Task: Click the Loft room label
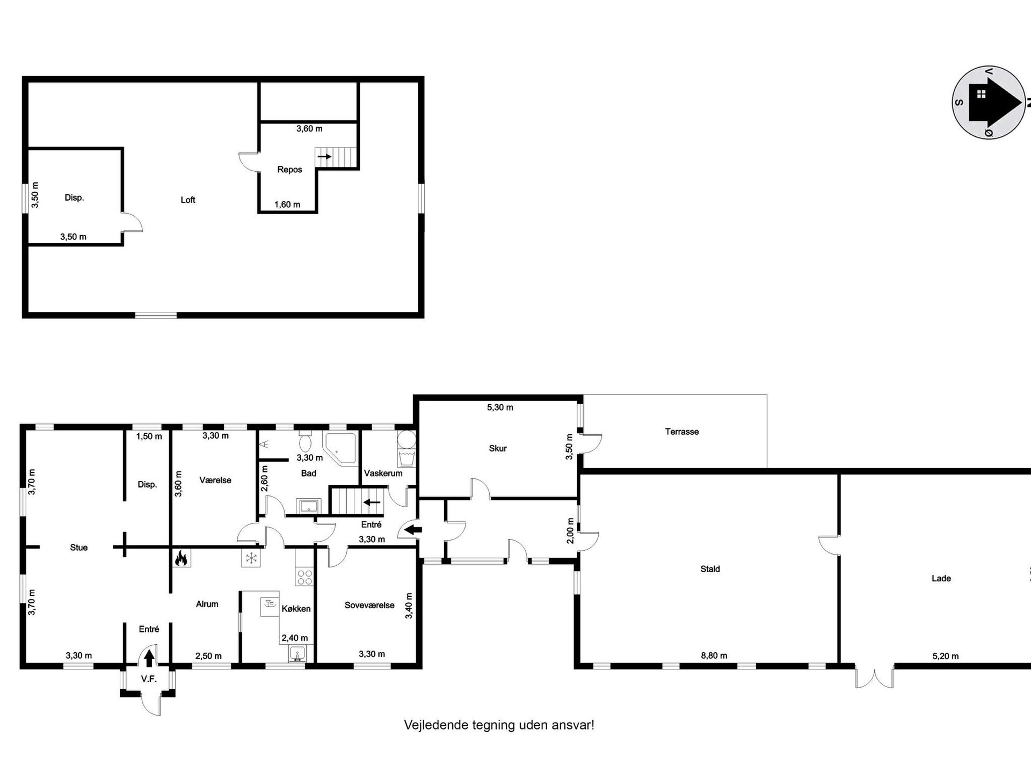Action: point(188,200)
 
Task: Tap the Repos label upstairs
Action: point(289,170)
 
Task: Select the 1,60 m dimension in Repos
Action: point(287,205)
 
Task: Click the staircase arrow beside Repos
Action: point(324,156)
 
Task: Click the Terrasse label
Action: point(682,432)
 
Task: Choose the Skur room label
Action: point(498,448)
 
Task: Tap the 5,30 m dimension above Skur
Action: point(500,407)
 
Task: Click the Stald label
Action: point(710,569)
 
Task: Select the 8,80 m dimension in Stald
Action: point(714,655)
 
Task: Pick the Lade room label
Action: point(941,578)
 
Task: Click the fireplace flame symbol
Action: point(180,558)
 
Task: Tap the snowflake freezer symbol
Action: point(250,558)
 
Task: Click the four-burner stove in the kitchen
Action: point(304,577)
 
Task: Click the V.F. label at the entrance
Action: point(149,679)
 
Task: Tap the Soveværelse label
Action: point(369,605)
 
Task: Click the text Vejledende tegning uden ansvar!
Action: point(499,725)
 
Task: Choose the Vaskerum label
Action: point(383,473)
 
